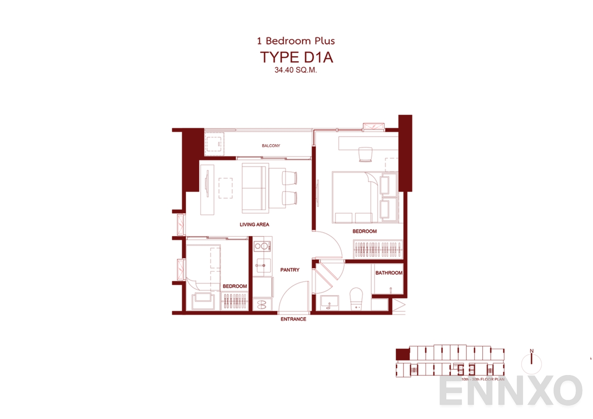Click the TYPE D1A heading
296,57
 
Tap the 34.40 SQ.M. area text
295,70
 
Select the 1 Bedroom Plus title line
296,41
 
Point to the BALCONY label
271,146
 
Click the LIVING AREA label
254,225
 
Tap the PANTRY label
290,270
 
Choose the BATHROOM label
388,273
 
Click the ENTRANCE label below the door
293,319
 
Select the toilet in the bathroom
356,299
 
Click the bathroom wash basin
329,302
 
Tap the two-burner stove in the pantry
262,246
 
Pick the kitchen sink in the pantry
262,265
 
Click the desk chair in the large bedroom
365,154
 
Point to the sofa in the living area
255,188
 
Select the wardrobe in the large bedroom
378,249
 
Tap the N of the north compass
532,351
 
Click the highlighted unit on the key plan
403,354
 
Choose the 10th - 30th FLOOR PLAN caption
483,379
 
